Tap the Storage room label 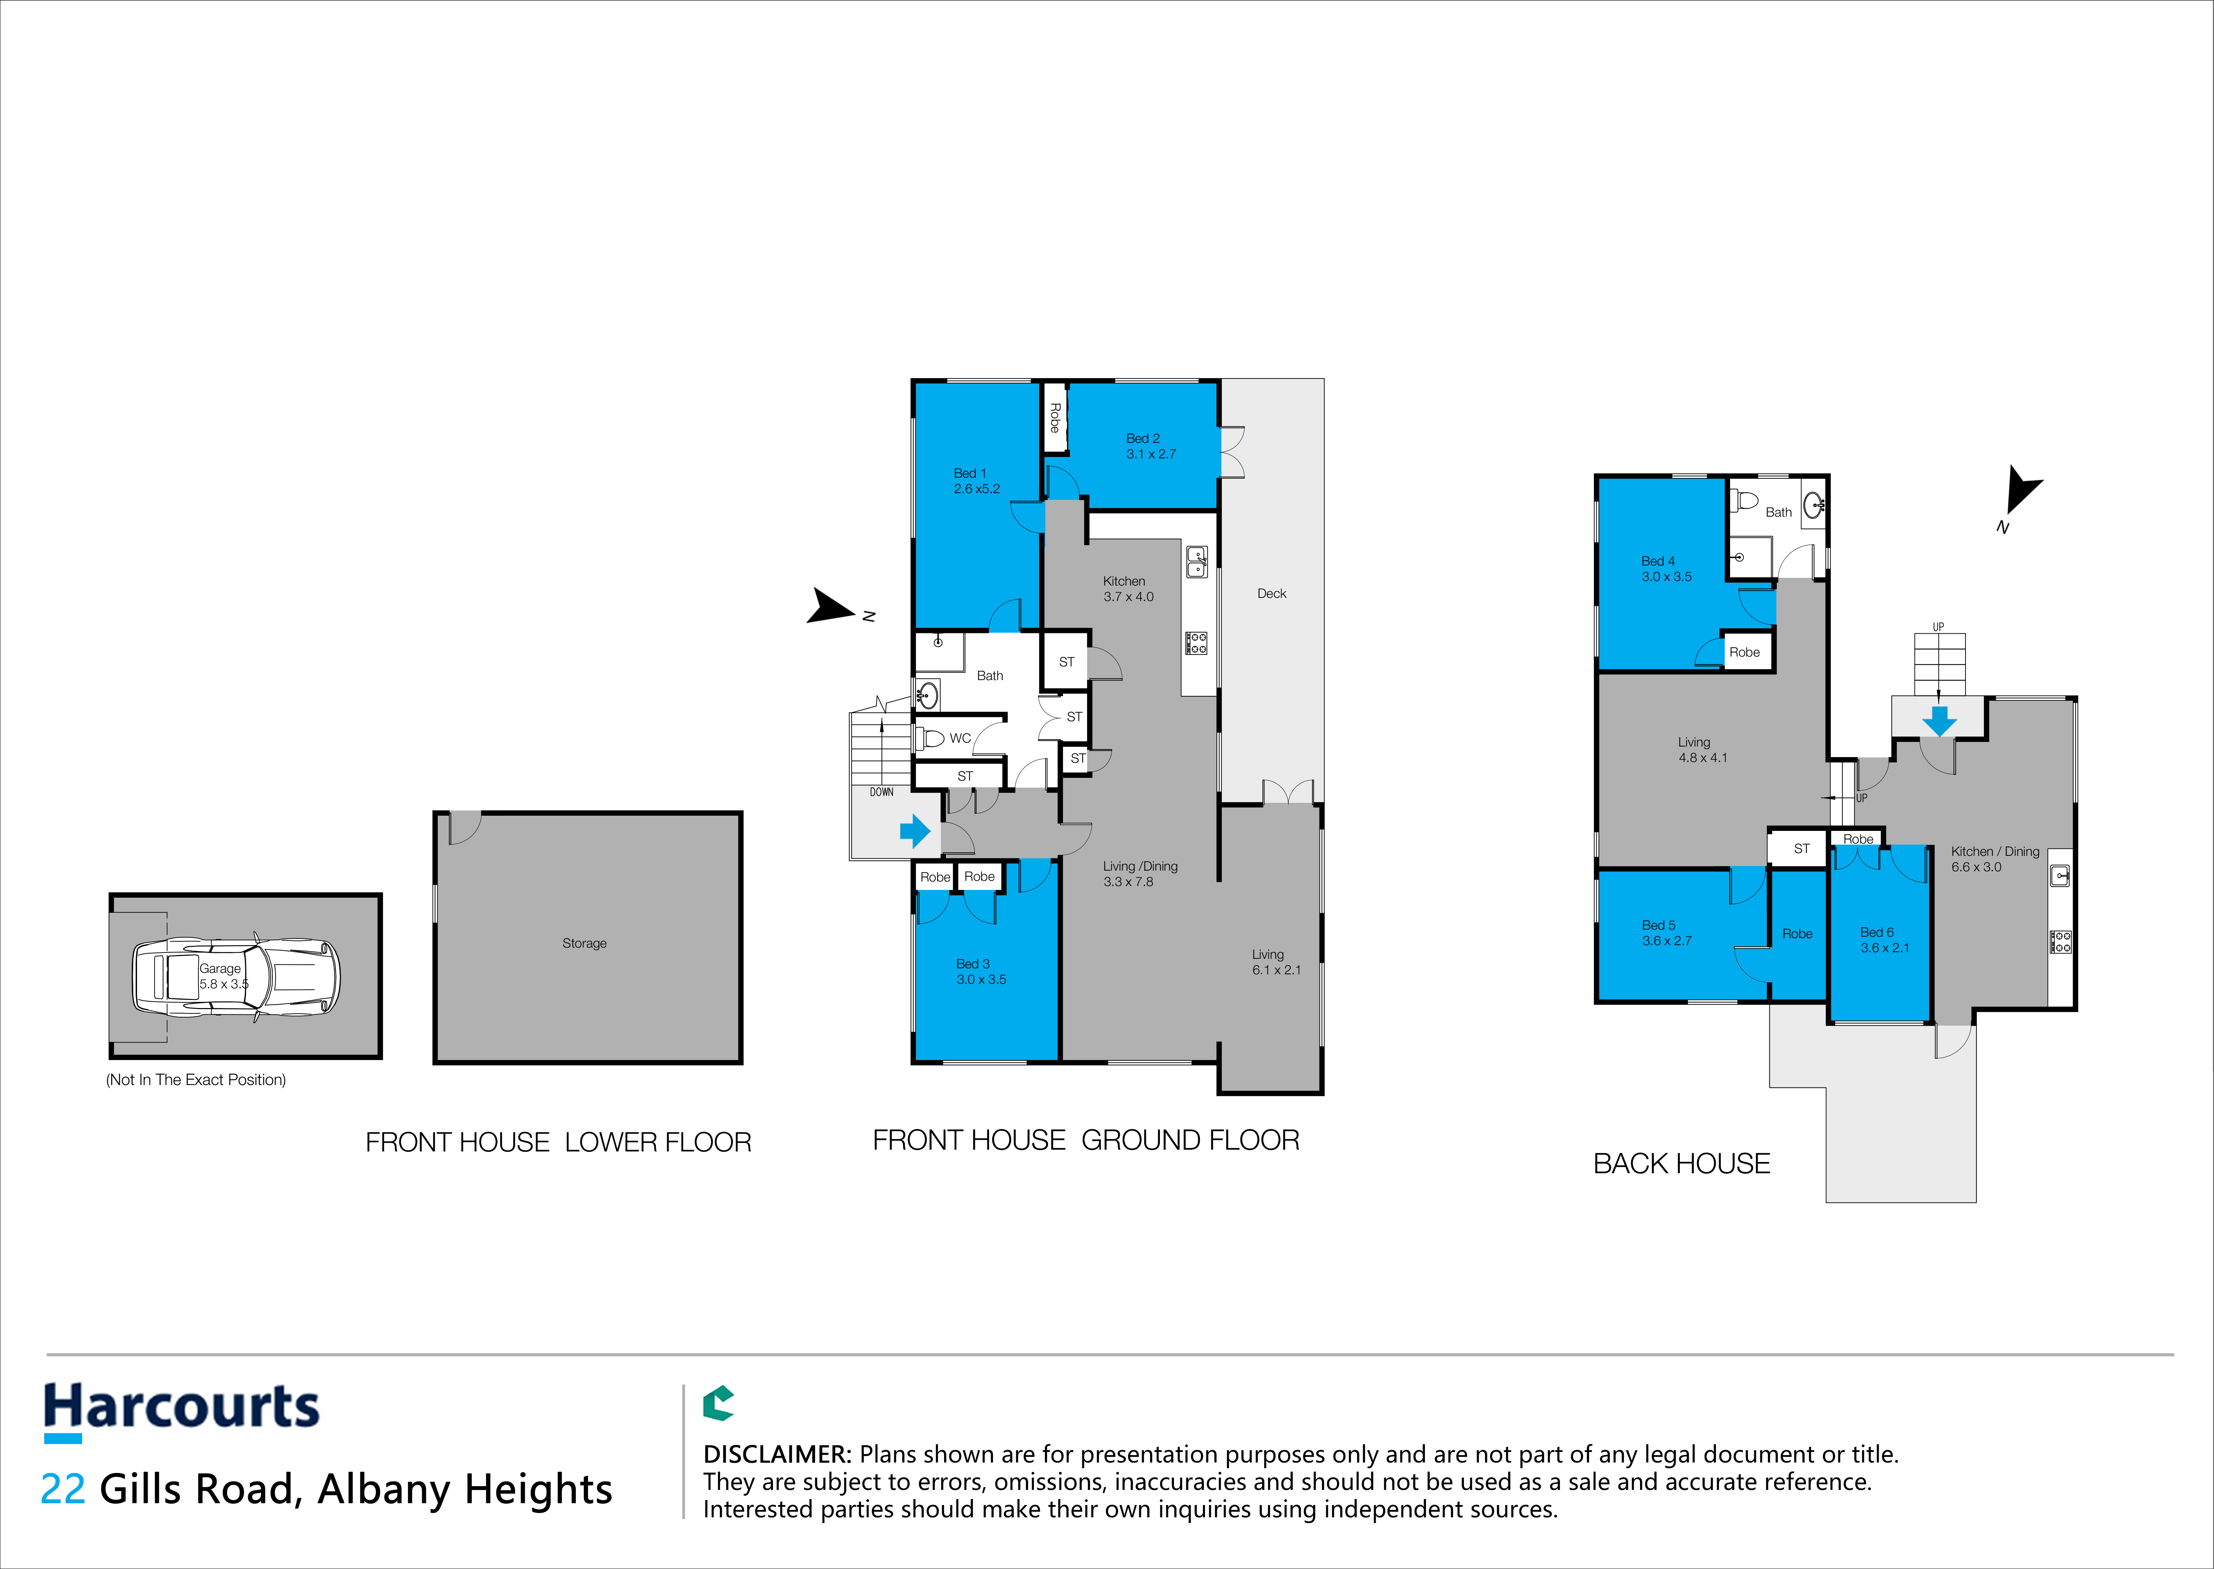click(x=585, y=943)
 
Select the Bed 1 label click(x=970, y=473)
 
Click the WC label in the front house click(x=960, y=738)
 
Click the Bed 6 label click(x=1877, y=932)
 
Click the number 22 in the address click(x=63, y=1489)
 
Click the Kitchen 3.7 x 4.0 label click(x=1128, y=588)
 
